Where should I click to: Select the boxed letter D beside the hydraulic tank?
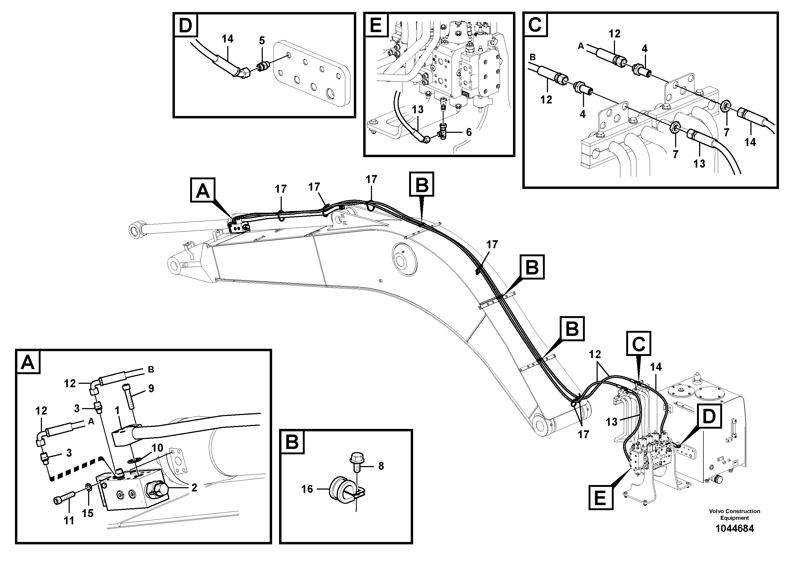[709, 416]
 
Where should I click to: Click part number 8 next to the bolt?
[381, 466]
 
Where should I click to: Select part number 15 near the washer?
[88, 513]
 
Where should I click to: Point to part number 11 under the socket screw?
[69, 520]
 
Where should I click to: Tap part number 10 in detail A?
[157, 448]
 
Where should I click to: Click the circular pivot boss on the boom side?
[404, 259]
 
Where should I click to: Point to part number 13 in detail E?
[418, 110]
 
